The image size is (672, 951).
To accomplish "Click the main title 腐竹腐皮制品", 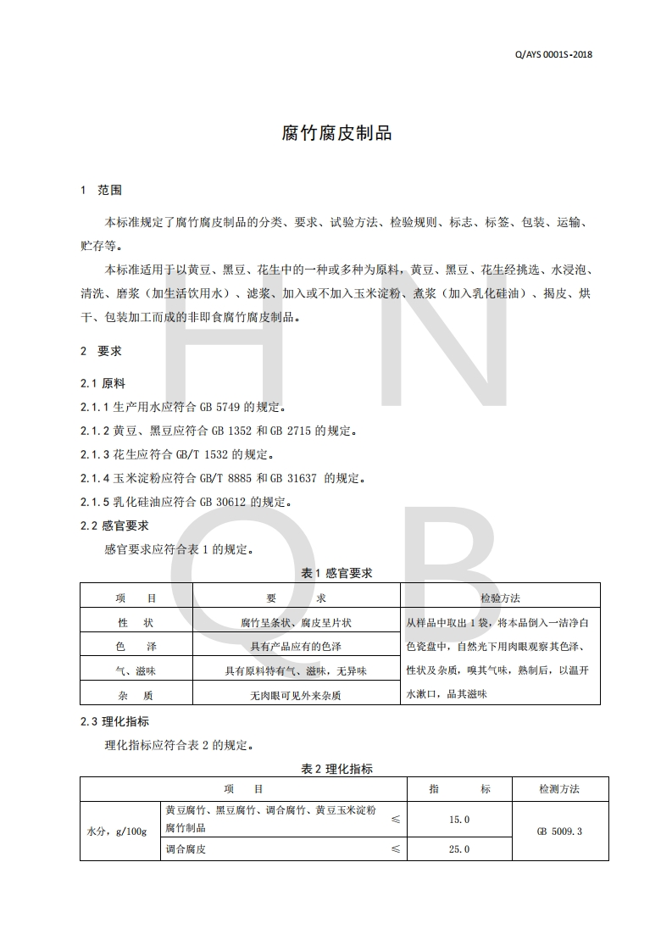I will click(x=336, y=134).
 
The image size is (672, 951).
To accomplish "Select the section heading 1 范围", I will click(x=101, y=190).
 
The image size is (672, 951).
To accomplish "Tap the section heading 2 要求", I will click(x=101, y=351).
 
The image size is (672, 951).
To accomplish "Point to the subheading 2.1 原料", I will click(x=103, y=383).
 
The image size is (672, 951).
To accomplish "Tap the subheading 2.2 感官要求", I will click(x=114, y=526).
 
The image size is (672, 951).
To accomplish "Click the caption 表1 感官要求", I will click(x=336, y=573).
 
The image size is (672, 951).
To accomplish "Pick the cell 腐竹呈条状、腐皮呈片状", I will click(x=296, y=622).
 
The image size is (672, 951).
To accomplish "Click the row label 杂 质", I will click(x=136, y=695).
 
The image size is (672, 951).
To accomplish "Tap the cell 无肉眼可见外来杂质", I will click(x=296, y=695).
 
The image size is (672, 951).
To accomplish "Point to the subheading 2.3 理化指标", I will click(x=114, y=722).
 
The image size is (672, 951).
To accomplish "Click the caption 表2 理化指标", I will click(x=336, y=770).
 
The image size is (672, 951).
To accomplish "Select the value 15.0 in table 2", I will click(x=459, y=820).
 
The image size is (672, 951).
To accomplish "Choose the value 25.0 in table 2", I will click(x=459, y=849).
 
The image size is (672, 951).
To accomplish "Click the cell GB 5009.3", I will click(x=559, y=831).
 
